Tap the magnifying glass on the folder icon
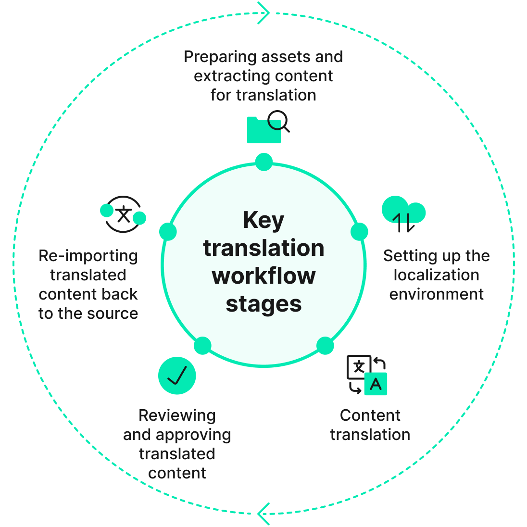point(277,120)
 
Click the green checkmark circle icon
point(177,376)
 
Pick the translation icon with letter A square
point(367,375)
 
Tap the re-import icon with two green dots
point(123,214)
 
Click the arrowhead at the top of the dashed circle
point(264,13)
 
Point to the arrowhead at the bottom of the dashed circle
point(263,514)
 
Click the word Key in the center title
point(263,220)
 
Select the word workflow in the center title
point(263,276)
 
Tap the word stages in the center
point(263,304)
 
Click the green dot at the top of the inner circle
point(264,162)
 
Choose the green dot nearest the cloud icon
point(359,232)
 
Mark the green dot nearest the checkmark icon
point(202,346)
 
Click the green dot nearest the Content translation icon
point(325,346)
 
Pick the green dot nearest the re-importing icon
point(168,232)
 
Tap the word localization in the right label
point(436,275)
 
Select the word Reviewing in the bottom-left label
point(177,415)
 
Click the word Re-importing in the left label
point(88,256)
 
